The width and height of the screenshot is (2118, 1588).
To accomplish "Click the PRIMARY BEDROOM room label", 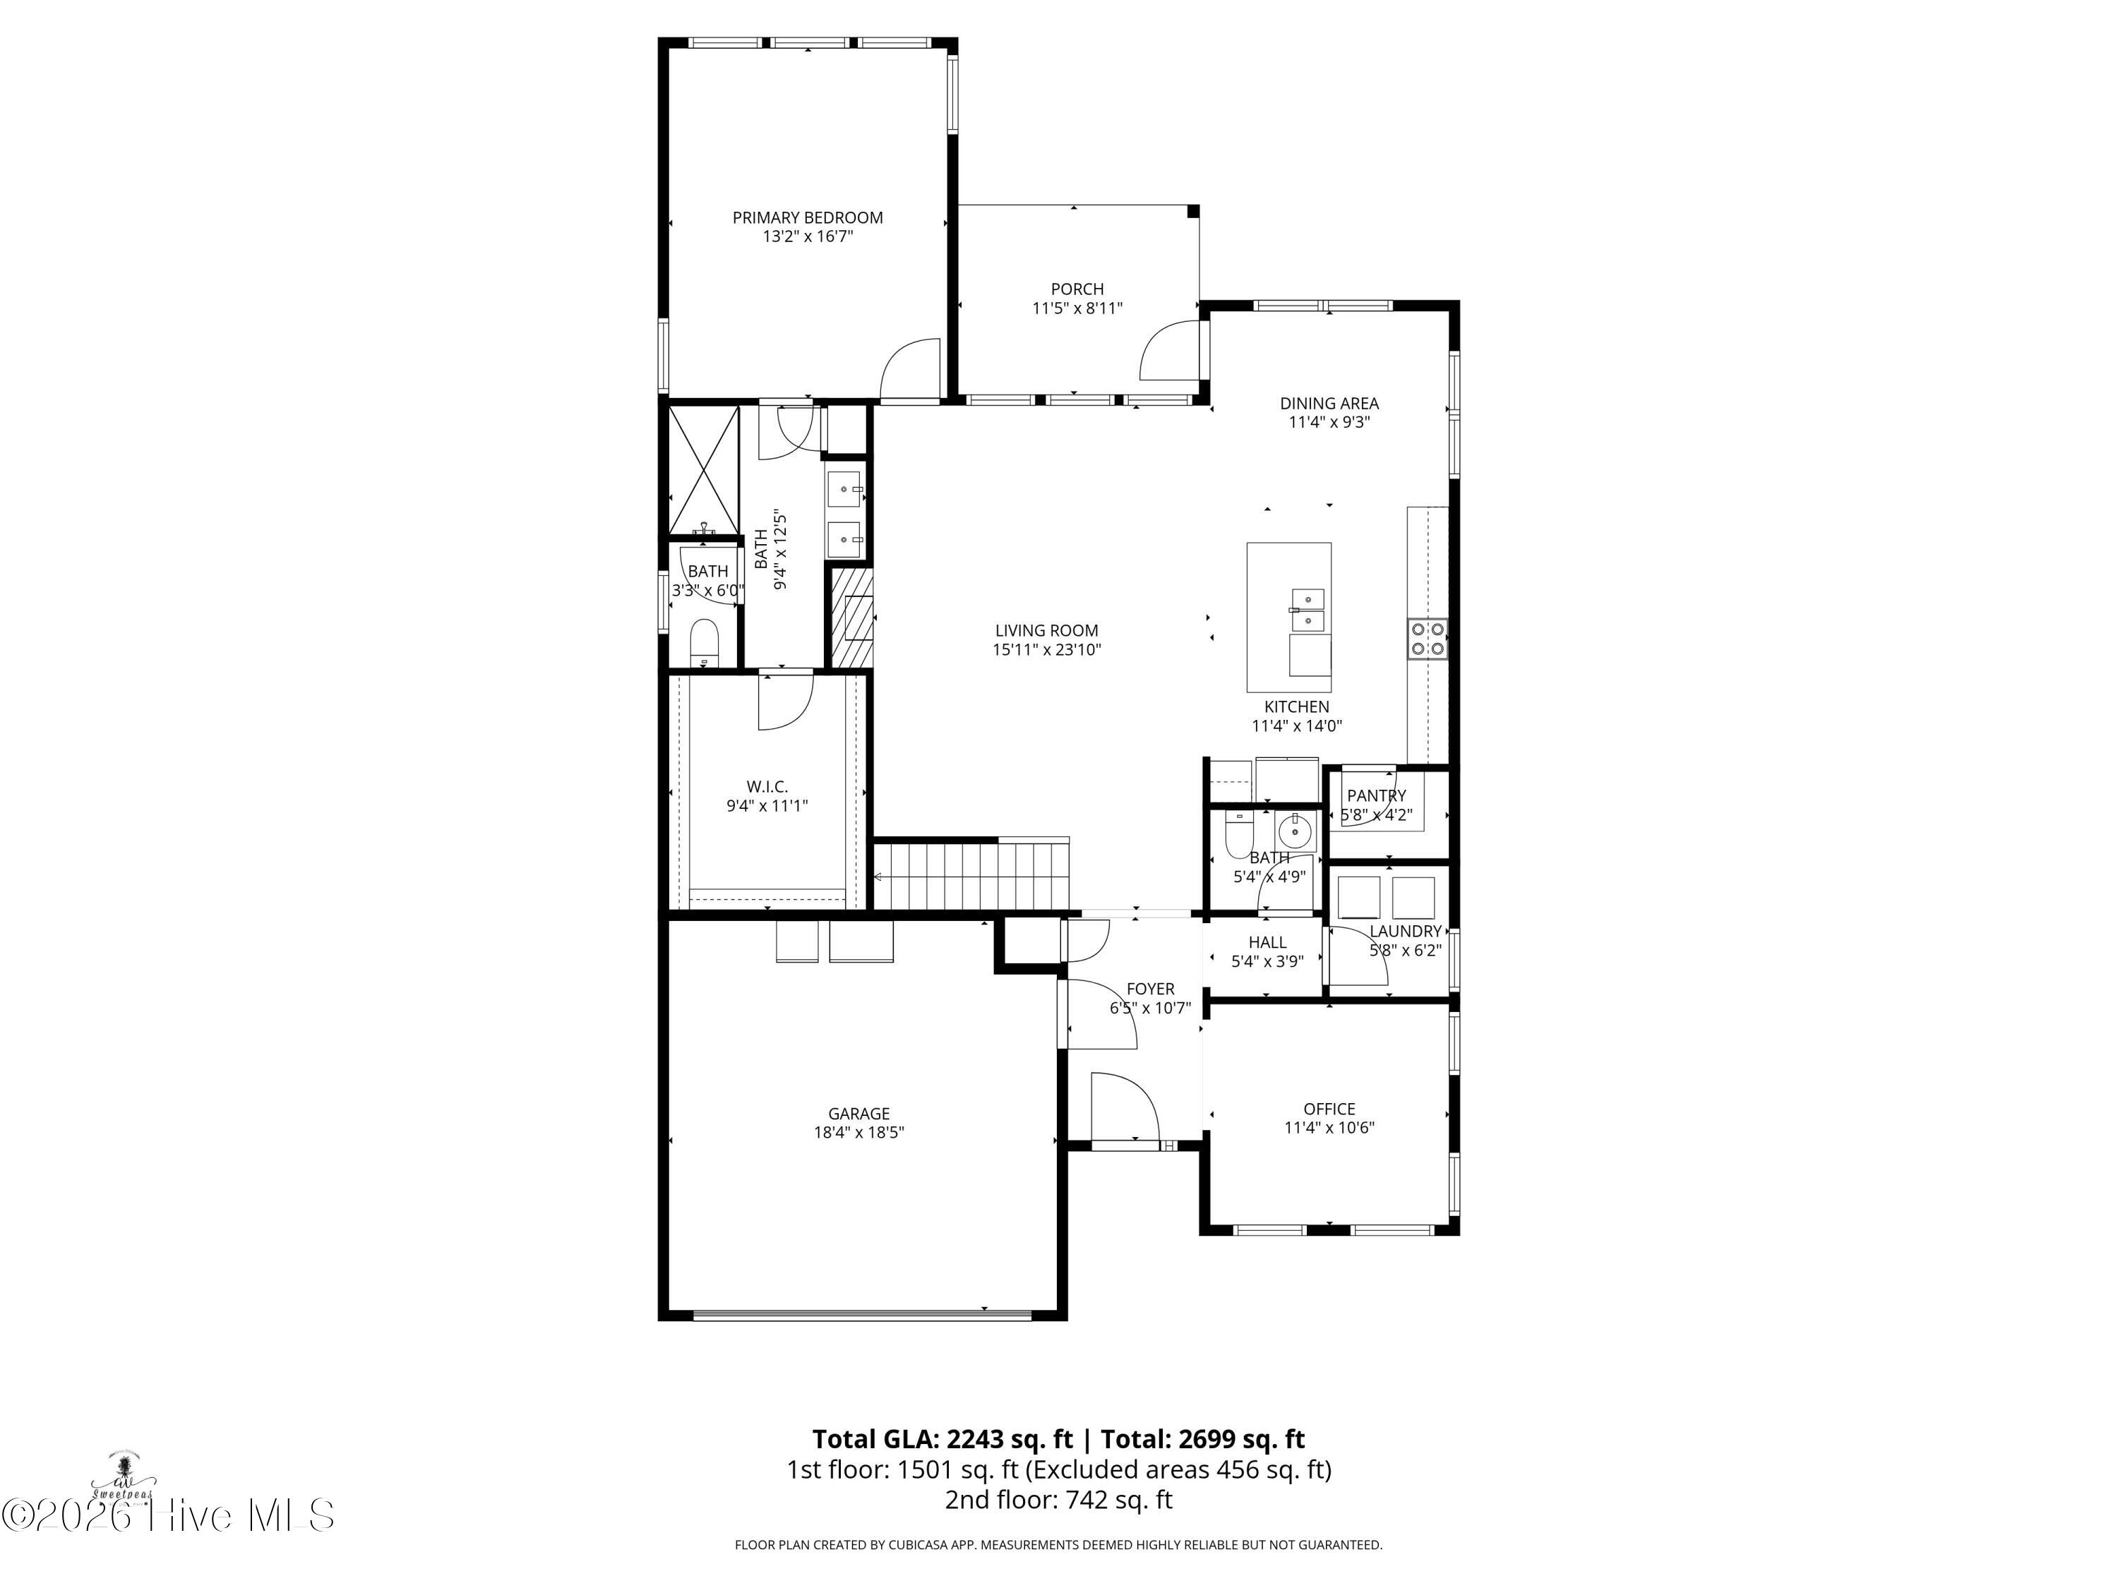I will point(807,217).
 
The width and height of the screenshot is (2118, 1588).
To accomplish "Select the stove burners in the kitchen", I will point(1427,639).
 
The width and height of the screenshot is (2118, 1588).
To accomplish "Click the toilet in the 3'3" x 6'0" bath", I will point(704,642).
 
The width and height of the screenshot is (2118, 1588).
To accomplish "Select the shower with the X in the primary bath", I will point(704,470).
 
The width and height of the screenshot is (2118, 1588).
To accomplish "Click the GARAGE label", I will point(859,1113).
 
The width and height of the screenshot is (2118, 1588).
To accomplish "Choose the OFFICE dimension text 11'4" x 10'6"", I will point(1329,1128).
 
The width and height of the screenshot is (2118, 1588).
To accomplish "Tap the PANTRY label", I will point(1376,795).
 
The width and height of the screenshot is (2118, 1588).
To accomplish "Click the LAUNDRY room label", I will point(1405,932).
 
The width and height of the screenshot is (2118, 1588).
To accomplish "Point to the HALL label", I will point(1267,943).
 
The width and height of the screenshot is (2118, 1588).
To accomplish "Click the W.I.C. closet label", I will point(767,787).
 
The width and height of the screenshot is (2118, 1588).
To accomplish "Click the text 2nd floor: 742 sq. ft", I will point(1058,1499).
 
